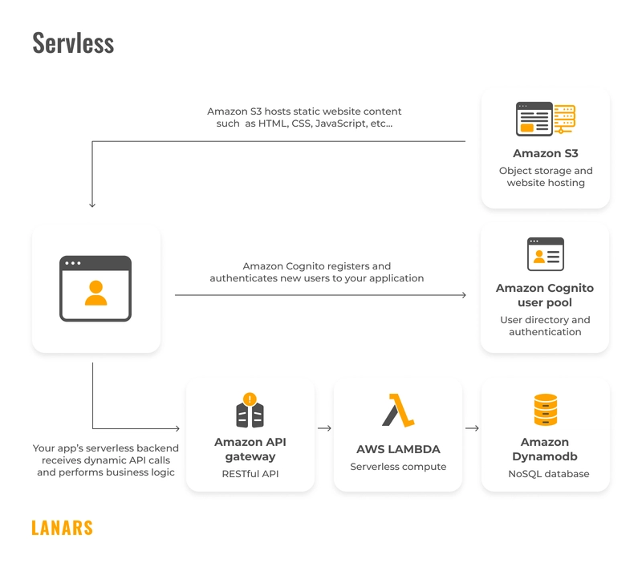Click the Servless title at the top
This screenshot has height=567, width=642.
click(x=73, y=43)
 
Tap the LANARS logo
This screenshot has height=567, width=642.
click(x=62, y=528)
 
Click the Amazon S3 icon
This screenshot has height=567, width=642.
click(x=545, y=119)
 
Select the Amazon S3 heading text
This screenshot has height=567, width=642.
click(x=545, y=153)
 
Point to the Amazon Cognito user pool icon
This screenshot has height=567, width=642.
click(x=545, y=254)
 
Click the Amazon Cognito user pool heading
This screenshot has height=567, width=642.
click(x=545, y=295)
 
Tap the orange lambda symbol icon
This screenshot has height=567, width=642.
click(x=398, y=410)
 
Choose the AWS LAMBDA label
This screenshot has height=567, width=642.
click(x=398, y=449)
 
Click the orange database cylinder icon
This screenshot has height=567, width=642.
click(x=545, y=410)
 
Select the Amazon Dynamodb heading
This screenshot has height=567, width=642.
click(x=545, y=449)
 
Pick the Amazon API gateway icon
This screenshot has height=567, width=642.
click(x=250, y=410)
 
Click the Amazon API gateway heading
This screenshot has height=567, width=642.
click(x=250, y=449)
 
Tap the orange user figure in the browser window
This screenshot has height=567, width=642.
click(x=95, y=293)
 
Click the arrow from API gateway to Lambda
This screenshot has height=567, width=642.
click(x=324, y=428)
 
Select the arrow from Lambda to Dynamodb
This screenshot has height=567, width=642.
click(x=472, y=428)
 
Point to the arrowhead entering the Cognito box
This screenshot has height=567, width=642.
click(x=463, y=295)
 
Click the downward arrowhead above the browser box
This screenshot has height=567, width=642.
click(x=92, y=205)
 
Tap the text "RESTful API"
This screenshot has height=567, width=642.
click(x=250, y=474)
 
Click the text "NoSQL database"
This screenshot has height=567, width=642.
click(x=549, y=474)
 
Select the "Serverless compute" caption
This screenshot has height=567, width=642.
click(x=398, y=467)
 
